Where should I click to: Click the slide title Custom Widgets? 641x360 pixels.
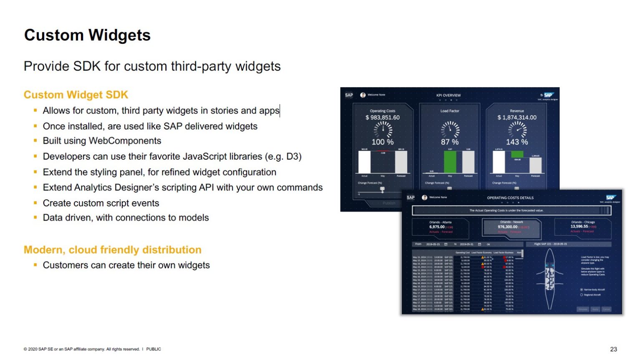click(x=87, y=35)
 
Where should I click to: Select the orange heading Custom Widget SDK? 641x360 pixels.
click(x=76, y=95)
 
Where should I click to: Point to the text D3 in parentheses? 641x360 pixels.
click(x=292, y=157)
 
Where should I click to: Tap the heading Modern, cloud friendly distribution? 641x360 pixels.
click(x=112, y=250)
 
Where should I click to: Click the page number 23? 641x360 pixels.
click(x=613, y=349)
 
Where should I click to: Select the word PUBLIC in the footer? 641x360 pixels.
click(x=154, y=349)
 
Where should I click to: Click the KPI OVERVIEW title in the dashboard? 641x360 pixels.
click(x=449, y=96)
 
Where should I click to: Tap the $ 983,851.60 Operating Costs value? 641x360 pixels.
click(x=383, y=118)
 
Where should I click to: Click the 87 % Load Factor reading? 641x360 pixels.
click(x=450, y=142)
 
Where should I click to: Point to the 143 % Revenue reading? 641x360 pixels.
click(x=517, y=142)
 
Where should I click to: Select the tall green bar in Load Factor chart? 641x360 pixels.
click(x=450, y=162)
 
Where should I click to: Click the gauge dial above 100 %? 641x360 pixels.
click(x=383, y=129)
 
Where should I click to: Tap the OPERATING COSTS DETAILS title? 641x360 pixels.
click(x=510, y=198)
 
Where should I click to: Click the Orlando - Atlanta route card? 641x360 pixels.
click(x=441, y=227)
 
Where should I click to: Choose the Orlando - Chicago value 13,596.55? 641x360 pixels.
click(x=579, y=226)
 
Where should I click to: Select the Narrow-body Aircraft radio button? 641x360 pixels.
click(x=582, y=289)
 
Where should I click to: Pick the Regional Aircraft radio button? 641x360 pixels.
click(x=582, y=295)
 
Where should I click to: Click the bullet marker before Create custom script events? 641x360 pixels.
click(x=35, y=203)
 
